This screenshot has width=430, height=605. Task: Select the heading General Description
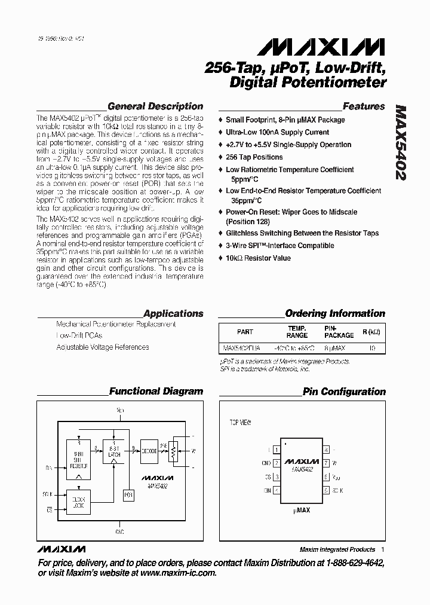(x=155, y=106)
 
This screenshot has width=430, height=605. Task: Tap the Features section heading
(x=364, y=106)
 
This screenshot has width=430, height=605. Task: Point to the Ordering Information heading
(x=335, y=313)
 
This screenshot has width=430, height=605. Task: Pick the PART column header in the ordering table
(x=245, y=332)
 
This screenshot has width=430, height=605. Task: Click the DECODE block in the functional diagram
(x=149, y=451)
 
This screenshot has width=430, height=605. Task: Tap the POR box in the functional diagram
(x=127, y=496)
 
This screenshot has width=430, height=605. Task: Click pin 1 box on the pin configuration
(x=276, y=450)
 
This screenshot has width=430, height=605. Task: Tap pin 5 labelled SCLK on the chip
(x=326, y=490)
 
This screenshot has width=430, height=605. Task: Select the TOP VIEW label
(x=241, y=423)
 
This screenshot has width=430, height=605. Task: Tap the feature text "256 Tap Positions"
(x=254, y=157)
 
